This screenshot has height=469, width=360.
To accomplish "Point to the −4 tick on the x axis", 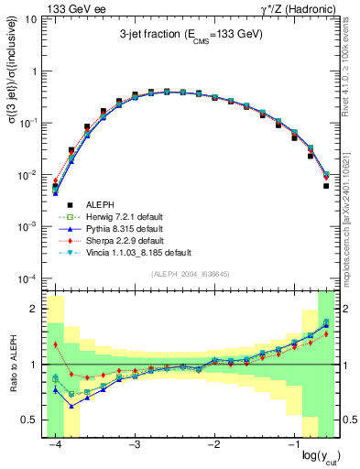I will pos(55,443).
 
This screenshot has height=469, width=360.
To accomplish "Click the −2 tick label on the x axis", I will pos(214,443).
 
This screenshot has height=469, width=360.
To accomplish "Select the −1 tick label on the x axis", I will pos(293,443).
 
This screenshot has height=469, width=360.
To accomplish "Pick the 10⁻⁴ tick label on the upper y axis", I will pos(27,278).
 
